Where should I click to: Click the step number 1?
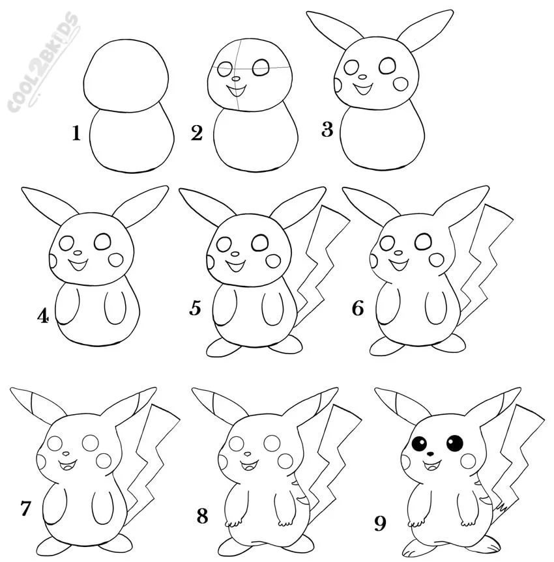pyautogui.click(x=76, y=133)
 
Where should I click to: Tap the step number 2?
pyautogui.click(x=197, y=133)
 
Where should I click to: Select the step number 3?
pyautogui.click(x=327, y=130)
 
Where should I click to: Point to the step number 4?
pyautogui.click(x=43, y=316)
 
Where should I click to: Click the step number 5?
pyautogui.click(x=195, y=309)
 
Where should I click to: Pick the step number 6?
pyautogui.click(x=358, y=309)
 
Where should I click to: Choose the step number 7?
pyautogui.click(x=25, y=509)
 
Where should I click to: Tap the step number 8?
pyautogui.click(x=202, y=516)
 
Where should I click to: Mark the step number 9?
pyautogui.click(x=381, y=524)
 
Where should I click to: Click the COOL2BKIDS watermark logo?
pyautogui.click(x=43, y=61)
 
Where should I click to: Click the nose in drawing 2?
pyautogui.click(x=236, y=79)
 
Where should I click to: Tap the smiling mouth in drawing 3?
pyautogui.click(x=363, y=89)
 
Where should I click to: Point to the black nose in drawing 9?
pyautogui.click(x=430, y=454)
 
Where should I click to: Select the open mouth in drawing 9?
pyautogui.click(x=431, y=466)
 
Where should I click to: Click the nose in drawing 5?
pyautogui.click(x=235, y=254)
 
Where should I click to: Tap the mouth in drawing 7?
pyautogui.click(x=67, y=466)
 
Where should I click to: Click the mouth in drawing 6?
pyautogui.click(x=398, y=266)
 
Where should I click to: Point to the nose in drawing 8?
pyautogui.click(x=248, y=454)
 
